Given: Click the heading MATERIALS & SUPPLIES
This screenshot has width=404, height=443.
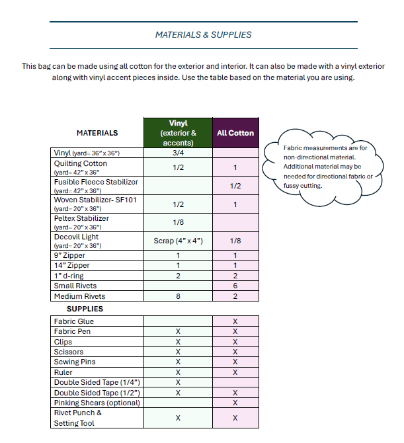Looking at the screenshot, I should (x=203, y=34).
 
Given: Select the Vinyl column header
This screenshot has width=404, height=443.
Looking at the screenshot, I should (x=177, y=132).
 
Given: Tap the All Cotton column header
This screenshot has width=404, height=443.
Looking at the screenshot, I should (x=235, y=133).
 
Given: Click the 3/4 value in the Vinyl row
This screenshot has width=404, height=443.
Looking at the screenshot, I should (x=177, y=153).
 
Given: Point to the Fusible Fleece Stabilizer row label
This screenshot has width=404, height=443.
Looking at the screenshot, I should (x=97, y=182).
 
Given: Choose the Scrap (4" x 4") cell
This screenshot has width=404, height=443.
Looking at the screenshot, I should (x=177, y=241).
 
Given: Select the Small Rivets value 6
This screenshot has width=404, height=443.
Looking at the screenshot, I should (x=235, y=286).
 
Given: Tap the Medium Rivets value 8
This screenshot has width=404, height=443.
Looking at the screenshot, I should (x=177, y=296).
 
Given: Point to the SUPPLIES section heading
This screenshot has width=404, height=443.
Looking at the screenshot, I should (x=85, y=308).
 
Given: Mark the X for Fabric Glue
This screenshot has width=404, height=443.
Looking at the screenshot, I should (x=235, y=321).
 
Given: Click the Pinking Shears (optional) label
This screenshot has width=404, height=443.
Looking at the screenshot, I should (x=97, y=403).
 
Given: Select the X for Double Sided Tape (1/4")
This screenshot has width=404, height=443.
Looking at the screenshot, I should (x=177, y=382).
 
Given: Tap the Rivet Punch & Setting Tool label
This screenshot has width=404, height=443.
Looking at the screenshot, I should (x=78, y=418).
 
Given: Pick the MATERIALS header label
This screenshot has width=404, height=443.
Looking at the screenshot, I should (x=97, y=133).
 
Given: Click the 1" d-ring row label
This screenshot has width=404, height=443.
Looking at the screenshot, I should (x=69, y=276).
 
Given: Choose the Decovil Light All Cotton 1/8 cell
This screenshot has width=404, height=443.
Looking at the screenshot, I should (x=235, y=241).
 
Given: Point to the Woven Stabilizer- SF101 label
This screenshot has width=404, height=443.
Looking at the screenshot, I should (x=95, y=200).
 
